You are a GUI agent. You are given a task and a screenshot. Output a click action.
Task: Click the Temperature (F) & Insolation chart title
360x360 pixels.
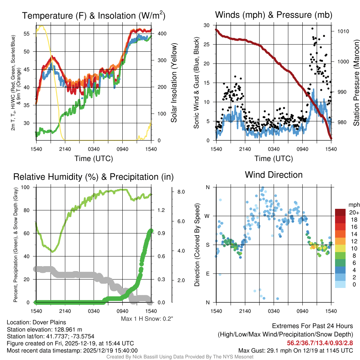pyautogui.click(x=94, y=15)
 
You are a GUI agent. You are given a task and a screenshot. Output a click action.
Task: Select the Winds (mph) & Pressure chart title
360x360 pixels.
pyautogui.click(x=274, y=15)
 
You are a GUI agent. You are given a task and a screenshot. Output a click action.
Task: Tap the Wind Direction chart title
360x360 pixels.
pyautogui.click(x=274, y=175)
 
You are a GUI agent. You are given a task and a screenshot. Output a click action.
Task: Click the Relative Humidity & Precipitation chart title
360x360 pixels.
pyautogui.click(x=93, y=176)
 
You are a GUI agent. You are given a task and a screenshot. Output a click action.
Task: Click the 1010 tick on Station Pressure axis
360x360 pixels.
pyautogui.click(x=343, y=31)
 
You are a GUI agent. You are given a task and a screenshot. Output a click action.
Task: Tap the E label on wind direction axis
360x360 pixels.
pyautogui.click(x=207, y=274)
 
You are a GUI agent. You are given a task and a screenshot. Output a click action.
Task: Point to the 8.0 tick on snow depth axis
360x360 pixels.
pyautogui.click(x=181, y=192)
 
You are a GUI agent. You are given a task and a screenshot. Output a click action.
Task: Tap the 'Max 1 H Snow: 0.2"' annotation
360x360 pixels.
pyautogui.click(x=147, y=319)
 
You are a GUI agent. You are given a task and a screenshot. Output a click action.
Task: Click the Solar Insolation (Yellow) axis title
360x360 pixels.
pyautogui.click(x=174, y=83)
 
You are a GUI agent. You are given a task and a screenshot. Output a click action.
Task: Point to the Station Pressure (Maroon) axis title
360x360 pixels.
pyautogui.click(x=356, y=83)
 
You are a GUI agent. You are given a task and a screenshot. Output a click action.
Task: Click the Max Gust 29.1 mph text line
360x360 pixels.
pyautogui.click(x=295, y=351)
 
